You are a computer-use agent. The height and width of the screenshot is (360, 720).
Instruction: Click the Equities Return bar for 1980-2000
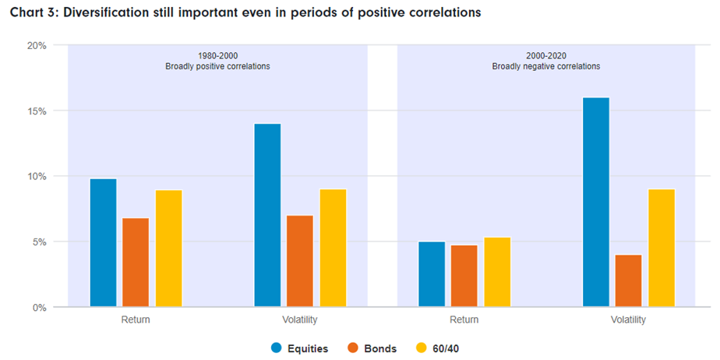tap(103, 243)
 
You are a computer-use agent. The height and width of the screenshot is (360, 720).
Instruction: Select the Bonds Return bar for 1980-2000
tap(136, 263)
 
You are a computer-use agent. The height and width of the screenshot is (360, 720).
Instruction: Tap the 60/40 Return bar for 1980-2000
tap(168, 249)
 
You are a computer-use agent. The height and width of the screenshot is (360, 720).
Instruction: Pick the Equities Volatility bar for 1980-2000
tap(267, 215)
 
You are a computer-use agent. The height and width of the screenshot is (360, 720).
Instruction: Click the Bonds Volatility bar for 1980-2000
tap(300, 261)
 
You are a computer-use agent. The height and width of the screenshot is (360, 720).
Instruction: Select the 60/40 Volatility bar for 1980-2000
tap(333, 248)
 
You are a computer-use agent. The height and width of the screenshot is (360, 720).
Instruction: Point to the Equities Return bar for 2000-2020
tap(432, 274)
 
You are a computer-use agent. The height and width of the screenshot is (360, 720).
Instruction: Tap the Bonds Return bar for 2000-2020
tap(464, 276)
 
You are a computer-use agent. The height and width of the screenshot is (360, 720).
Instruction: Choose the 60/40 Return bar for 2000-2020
tap(497, 272)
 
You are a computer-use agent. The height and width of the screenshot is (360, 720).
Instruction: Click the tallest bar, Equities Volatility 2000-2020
tap(596, 202)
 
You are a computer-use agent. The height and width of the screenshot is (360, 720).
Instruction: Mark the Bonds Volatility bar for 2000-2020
tap(629, 281)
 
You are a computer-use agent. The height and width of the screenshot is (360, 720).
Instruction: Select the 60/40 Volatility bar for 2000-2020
tap(662, 248)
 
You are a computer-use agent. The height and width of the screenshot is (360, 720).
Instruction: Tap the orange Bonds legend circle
tap(352, 348)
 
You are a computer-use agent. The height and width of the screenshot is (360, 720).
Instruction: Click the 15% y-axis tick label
tap(37, 111)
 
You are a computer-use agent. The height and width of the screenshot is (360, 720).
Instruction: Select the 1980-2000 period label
tap(217, 55)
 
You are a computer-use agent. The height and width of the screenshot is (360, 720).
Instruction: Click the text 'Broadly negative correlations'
tap(545, 66)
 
